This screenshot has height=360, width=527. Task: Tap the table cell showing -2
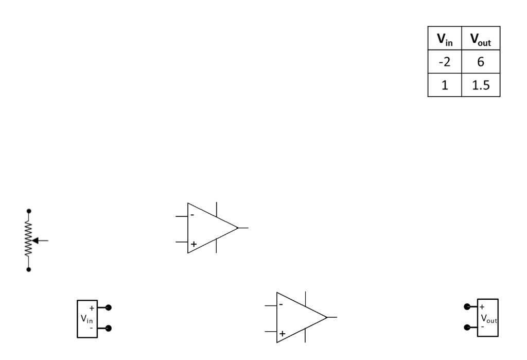442,63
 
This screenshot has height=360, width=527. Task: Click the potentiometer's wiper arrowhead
35,241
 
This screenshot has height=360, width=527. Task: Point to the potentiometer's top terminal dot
29,211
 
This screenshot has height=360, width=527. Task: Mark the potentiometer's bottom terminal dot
29,269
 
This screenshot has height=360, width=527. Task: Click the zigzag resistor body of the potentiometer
29,240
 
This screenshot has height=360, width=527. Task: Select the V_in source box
87,318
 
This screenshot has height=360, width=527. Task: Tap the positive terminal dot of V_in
108,307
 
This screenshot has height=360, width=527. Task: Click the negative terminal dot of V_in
108,328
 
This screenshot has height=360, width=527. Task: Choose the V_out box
487,317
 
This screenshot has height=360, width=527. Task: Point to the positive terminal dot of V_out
467,307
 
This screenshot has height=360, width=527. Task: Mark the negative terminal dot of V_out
467,327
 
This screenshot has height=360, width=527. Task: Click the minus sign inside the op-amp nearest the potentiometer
192,214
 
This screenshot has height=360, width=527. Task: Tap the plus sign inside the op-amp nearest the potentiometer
193,244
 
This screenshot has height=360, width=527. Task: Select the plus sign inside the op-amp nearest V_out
282,334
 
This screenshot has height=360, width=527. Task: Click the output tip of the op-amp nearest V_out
327,317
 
